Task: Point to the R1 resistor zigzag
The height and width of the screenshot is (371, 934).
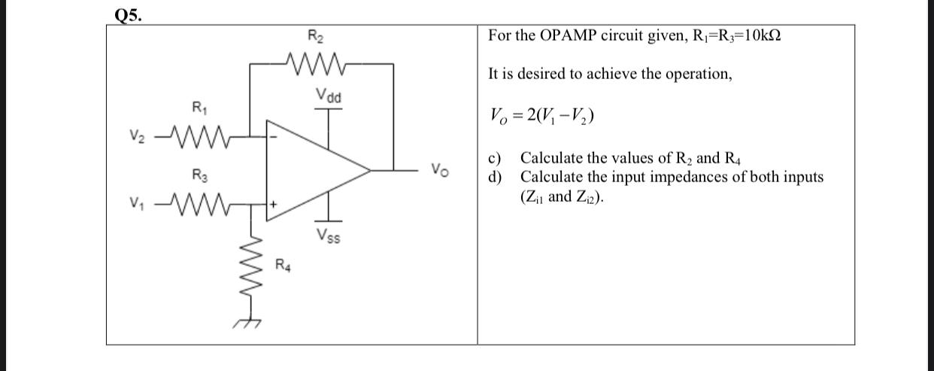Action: [x=199, y=138]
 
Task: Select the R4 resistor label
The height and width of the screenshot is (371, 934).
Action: [x=283, y=265]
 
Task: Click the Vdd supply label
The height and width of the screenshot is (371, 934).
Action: [x=329, y=96]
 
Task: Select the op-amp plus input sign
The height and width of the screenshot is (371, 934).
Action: [x=274, y=204]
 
